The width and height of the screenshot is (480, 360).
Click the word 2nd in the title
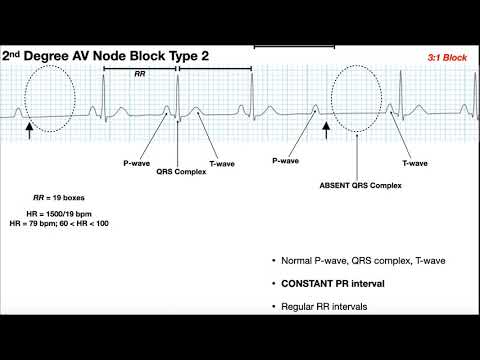18,56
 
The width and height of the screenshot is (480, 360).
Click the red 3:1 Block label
445,57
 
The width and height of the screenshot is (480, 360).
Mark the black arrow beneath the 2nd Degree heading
28,127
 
